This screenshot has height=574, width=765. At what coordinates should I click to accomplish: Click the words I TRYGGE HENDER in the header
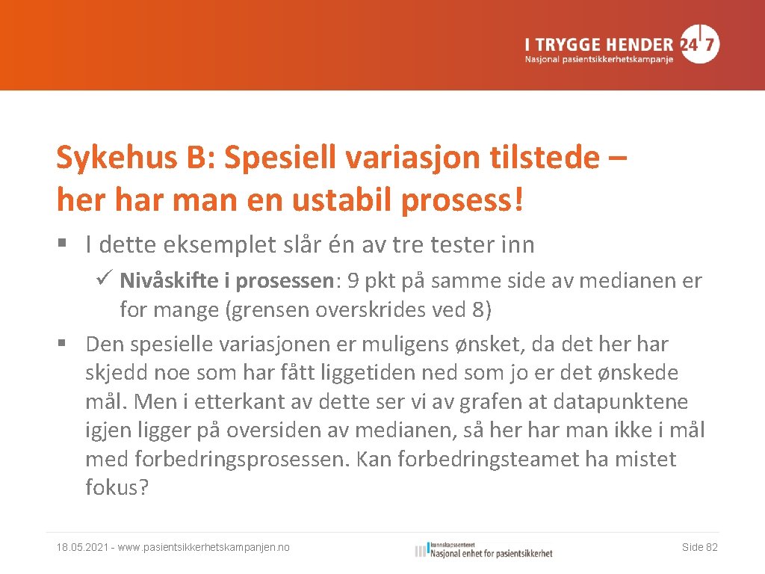click(x=598, y=44)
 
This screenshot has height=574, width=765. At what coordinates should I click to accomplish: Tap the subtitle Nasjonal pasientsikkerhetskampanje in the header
click(x=598, y=59)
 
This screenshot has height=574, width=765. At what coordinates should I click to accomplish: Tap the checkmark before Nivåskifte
click(x=104, y=281)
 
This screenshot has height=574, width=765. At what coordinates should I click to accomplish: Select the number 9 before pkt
click(x=352, y=281)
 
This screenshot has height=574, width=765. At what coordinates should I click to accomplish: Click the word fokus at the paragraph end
click(x=112, y=487)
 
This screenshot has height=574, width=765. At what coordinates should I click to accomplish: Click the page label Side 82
click(x=699, y=548)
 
